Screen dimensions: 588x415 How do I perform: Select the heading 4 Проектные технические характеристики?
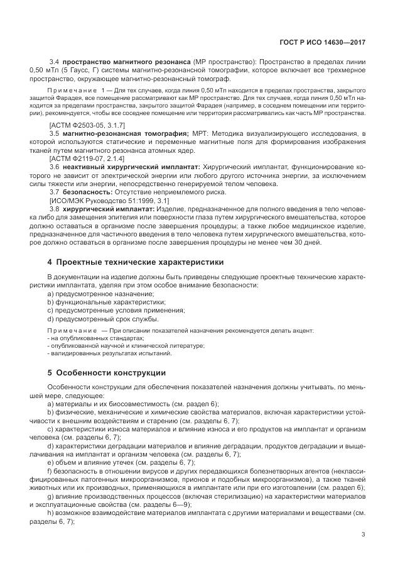click(134, 261)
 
